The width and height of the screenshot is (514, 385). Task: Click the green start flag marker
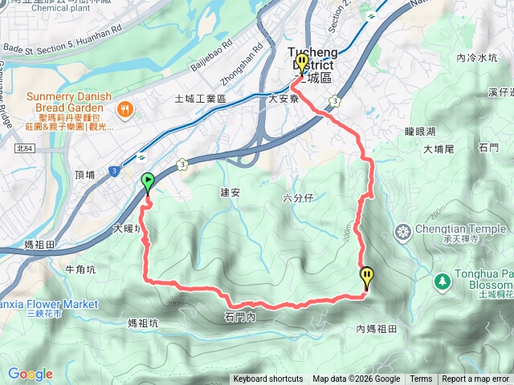[148, 182]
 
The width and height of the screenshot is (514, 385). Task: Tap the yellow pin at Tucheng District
[302, 63]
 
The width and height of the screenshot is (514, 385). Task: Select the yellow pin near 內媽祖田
[367, 278]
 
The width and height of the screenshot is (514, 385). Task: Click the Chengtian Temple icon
[403, 232]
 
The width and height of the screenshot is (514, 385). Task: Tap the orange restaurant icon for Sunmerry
[124, 109]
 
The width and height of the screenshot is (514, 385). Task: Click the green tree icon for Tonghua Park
[442, 281]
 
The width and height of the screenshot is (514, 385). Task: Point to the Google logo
[31, 374]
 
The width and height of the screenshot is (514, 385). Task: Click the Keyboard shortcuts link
[268, 379]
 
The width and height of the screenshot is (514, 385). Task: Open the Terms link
[421, 379]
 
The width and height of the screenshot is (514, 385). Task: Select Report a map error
[475, 379]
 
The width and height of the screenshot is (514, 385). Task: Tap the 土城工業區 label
[201, 99]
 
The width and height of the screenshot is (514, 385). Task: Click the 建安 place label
[230, 192]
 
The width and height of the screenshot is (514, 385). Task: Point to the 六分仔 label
[299, 197]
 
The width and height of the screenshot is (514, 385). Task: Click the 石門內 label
[240, 318]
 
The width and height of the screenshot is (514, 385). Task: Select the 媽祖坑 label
[144, 323]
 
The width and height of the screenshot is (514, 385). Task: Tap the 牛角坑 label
[80, 269]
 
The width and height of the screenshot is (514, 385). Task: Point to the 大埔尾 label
[439, 148]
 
